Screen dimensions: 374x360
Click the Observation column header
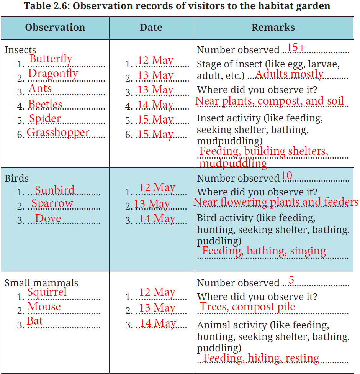55,28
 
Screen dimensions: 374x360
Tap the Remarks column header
273,28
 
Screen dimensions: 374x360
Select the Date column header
151,28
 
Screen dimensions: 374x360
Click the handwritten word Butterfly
51,59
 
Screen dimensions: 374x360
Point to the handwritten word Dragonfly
53,74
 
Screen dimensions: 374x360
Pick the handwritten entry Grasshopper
58,133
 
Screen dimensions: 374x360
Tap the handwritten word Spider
45,119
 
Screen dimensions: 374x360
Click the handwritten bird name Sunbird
55,190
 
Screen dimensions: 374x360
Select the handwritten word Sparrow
52,203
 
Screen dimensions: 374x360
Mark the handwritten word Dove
48,219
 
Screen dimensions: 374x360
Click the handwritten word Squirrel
47,292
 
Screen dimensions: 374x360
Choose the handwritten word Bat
35,321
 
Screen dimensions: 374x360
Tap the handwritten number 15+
296,48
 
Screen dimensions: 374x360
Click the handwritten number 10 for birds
286,176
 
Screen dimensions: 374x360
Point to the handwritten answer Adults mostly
289,74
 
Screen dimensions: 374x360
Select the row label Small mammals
41,283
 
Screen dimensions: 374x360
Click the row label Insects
20,50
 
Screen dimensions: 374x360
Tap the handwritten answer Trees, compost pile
247,307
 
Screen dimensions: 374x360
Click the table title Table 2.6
177,6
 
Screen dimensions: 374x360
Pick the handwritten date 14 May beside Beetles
155,105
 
